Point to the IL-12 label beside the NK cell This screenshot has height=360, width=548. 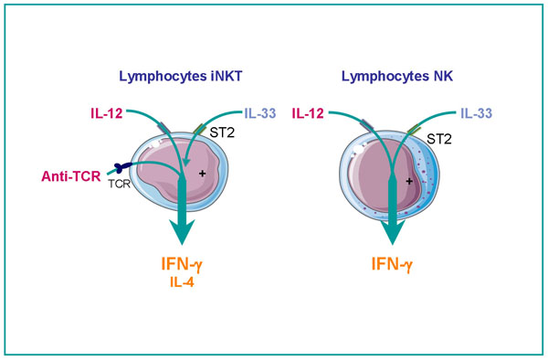pos(308,114)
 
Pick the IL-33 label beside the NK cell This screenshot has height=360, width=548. pos(474,114)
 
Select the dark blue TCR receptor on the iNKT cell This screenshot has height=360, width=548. pos(120,168)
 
